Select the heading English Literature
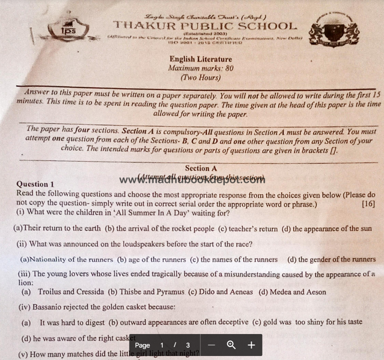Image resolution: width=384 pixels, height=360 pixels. tap(201, 59)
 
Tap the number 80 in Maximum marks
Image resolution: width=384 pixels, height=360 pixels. tap(228, 68)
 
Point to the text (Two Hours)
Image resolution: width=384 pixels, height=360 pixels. tap(200, 78)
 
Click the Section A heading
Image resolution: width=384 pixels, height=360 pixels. tap(201, 168)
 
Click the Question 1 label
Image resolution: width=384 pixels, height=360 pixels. tap(35, 184)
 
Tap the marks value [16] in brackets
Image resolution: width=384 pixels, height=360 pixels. tap(368, 204)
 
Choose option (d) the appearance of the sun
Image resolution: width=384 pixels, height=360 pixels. tap(327, 229)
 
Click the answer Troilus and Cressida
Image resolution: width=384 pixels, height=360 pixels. tap(71, 292)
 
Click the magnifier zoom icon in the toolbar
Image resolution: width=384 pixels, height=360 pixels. tap(231, 345)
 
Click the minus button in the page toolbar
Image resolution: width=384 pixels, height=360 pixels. tap(211, 345)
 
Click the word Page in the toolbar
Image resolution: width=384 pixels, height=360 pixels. tap(142, 345)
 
